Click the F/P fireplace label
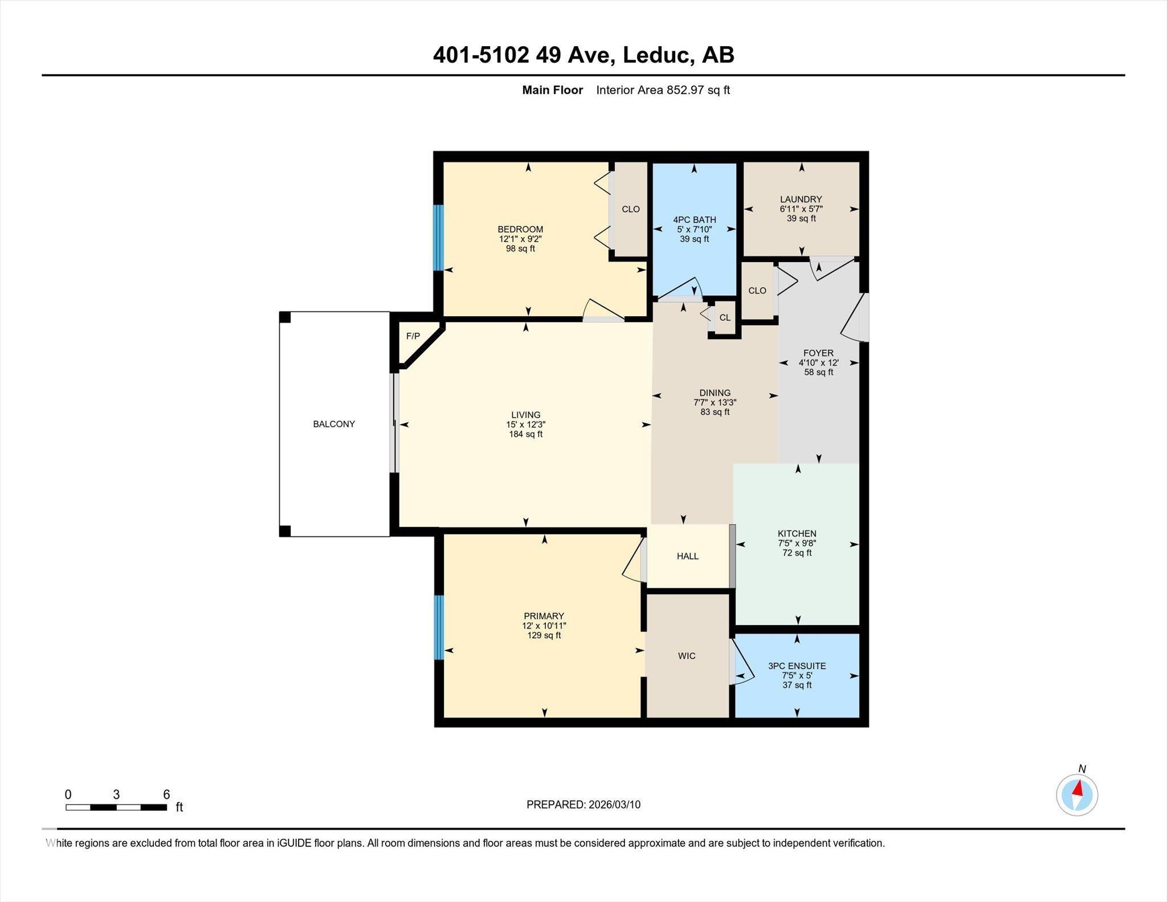[413, 336]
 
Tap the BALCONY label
[334, 424]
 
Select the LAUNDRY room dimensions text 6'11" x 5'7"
[801, 209]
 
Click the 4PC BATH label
[694, 219]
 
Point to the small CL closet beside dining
[724, 318]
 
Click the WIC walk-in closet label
[687, 656]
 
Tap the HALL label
[687, 556]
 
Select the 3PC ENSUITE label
[797, 666]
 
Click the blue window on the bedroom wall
[438, 237]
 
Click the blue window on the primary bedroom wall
[439, 627]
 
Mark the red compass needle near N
[1078, 789]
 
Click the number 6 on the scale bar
[166, 794]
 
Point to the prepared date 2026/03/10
[613, 805]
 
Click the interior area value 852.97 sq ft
[698, 90]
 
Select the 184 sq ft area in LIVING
[525, 434]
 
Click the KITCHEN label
[797, 533]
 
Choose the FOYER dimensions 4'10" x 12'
[818, 362]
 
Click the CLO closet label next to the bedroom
[630, 209]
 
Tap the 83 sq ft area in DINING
[715, 412]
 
